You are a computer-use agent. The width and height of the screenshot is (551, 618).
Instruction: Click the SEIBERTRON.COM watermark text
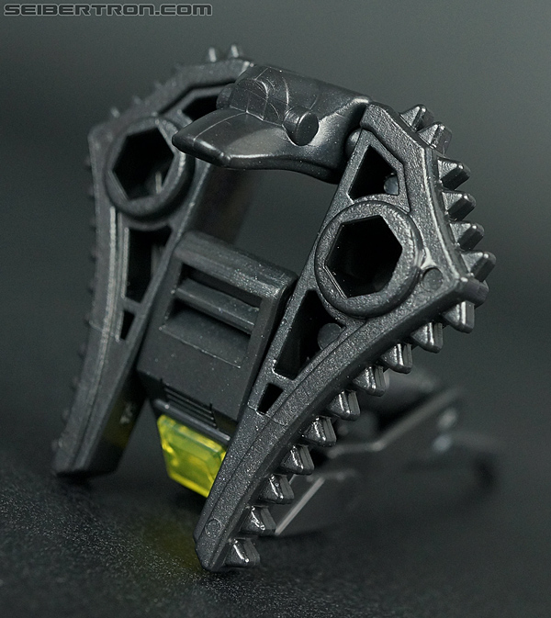[107, 9]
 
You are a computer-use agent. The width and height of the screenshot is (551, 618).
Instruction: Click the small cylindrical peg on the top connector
[303, 125]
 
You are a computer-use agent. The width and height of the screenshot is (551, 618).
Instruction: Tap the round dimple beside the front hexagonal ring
[432, 279]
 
